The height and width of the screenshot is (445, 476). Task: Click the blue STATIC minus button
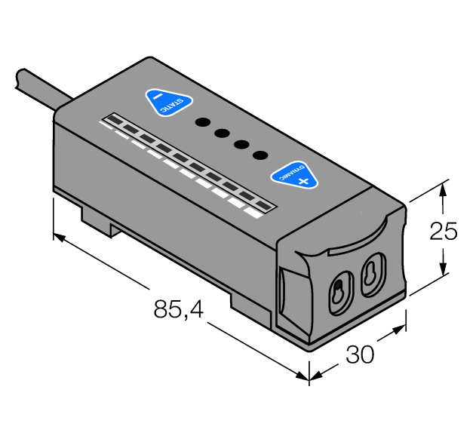pyautogui.click(x=167, y=103)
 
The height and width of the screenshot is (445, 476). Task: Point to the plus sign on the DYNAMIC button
pyautogui.click(x=303, y=181)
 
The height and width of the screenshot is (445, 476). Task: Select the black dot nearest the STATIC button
pyautogui.click(x=202, y=122)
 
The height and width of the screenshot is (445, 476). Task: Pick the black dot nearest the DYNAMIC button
pyautogui.click(x=260, y=155)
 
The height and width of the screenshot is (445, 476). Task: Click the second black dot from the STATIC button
pyautogui.click(x=222, y=133)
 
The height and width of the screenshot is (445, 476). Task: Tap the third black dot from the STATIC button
pyautogui.click(x=241, y=145)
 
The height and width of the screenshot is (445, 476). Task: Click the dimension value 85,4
pyautogui.click(x=179, y=309)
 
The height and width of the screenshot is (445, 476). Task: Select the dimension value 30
pyautogui.click(x=360, y=354)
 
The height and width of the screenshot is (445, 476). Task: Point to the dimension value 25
pyautogui.click(x=444, y=232)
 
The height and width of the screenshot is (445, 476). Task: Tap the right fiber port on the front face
pyautogui.click(x=371, y=275)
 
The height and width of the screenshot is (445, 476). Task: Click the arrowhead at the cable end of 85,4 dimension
pyautogui.click(x=60, y=238)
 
